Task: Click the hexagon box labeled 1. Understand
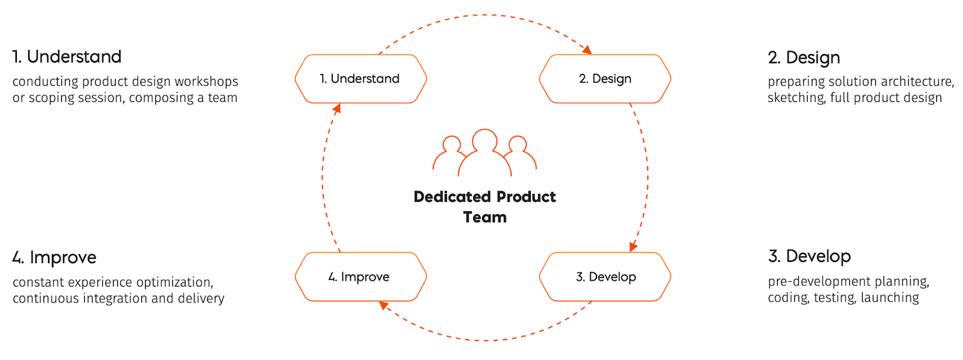(x=361, y=79)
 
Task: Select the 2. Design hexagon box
(x=605, y=79)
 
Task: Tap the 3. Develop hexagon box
(x=605, y=277)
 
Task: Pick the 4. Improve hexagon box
(x=361, y=277)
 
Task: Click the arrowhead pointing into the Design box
(x=587, y=50)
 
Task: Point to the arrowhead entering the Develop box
(x=633, y=247)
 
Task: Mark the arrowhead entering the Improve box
(x=383, y=306)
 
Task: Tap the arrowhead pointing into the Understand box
(x=337, y=108)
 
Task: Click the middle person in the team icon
(x=485, y=151)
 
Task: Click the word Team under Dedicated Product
(x=485, y=217)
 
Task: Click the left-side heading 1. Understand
(x=67, y=57)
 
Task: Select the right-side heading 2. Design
(x=804, y=58)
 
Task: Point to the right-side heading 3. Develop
(x=809, y=256)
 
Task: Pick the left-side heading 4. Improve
(x=54, y=258)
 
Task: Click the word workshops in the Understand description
(x=206, y=81)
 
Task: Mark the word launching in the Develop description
(x=890, y=297)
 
